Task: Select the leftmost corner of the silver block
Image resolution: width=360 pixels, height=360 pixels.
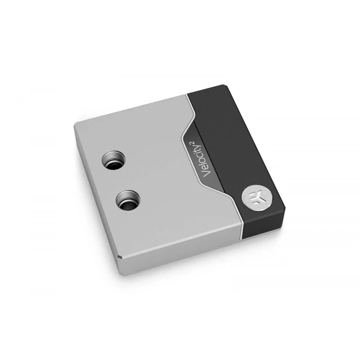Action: click(75, 125)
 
